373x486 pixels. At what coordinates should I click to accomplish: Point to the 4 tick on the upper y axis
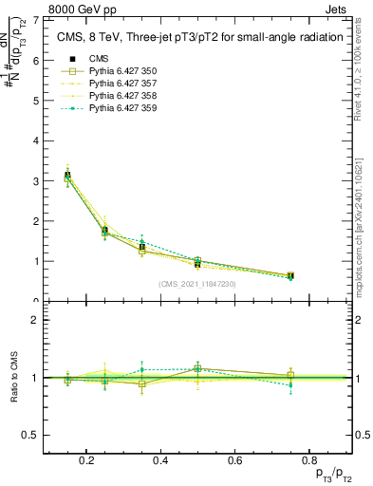click(x=36, y=140)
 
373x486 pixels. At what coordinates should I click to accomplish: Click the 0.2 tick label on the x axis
click(x=87, y=460)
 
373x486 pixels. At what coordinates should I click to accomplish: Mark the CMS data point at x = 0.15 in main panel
click(x=67, y=175)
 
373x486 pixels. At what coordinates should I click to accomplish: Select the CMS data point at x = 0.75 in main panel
click(x=290, y=275)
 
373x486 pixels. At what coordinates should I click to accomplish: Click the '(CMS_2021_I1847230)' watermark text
click(x=198, y=283)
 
